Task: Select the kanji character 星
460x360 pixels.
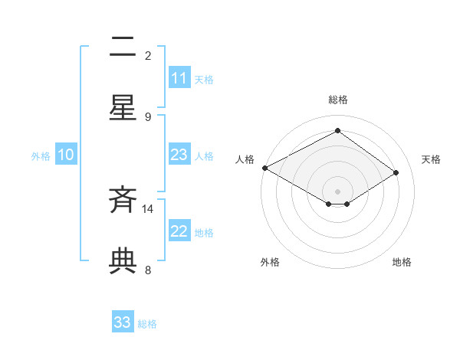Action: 123,108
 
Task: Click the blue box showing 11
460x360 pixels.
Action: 179,78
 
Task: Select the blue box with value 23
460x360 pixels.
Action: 179,155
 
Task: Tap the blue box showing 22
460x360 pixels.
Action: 179,232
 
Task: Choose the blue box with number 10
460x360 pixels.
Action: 66,155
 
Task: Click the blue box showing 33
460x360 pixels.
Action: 123,322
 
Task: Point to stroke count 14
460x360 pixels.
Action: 148,208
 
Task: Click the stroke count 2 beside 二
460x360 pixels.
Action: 148,55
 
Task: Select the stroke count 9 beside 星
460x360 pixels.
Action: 148,116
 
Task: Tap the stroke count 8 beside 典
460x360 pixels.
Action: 148,270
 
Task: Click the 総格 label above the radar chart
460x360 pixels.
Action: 338,100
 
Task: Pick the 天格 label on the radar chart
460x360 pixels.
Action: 431,159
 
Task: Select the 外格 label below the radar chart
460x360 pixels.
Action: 270,262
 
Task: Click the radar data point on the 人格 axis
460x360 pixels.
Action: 264,168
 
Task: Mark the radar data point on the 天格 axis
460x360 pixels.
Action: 396,172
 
